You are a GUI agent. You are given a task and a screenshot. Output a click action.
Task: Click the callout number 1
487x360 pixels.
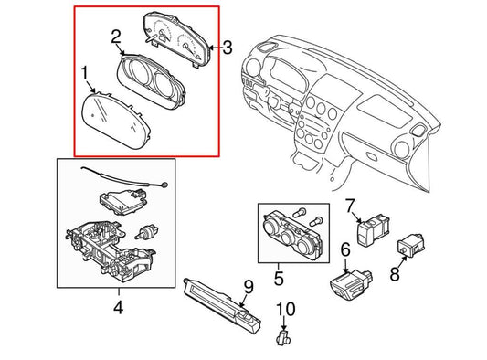(x=84, y=73)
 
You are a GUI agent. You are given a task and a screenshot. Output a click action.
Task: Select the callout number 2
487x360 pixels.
(x=116, y=37)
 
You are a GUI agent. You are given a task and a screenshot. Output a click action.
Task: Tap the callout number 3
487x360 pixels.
(x=228, y=48)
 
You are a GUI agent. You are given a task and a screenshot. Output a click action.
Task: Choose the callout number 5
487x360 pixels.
(x=279, y=278)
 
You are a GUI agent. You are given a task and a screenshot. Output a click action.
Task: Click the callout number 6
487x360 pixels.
(x=345, y=249)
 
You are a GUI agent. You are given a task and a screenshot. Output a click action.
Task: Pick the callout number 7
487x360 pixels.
(x=350, y=206)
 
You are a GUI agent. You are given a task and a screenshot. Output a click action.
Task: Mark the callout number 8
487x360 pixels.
(x=395, y=274)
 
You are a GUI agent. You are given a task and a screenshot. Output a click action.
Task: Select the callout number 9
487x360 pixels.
(x=249, y=287)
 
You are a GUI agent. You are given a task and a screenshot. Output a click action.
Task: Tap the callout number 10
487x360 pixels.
(x=286, y=309)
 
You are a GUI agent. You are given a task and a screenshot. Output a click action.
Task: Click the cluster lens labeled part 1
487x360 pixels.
(x=115, y=122)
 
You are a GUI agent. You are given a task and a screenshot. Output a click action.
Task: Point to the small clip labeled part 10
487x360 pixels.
(x=283, y=338)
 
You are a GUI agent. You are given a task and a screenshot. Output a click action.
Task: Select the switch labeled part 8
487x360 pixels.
(x=411, y=246)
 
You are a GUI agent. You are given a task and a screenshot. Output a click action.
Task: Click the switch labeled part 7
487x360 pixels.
(x=373, y=230)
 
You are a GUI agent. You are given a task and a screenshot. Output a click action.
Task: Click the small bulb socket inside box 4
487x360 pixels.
(x=146, y=232)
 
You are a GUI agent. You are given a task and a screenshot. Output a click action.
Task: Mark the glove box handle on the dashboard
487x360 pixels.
(x=372, y=155)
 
